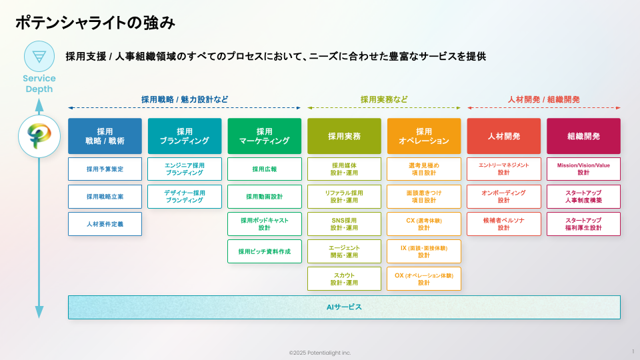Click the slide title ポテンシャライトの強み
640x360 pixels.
pos(95,23)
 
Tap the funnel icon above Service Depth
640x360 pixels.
pos(39,57)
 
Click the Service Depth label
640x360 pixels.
pos(39,84)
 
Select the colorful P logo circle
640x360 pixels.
pos(39,136)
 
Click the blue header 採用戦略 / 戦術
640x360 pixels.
pos(105,136)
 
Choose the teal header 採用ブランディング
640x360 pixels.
pos(185,136)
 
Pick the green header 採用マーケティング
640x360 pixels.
pos(264,136)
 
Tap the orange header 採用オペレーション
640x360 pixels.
pos(424,136)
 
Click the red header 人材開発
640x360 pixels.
pos(503,136)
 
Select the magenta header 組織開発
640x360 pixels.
pos(583,136)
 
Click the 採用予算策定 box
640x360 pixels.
pos(105,169)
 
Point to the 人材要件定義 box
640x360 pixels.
pos(105,224)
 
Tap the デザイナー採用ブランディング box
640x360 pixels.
pos(185,197)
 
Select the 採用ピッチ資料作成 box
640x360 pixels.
pos(264,251)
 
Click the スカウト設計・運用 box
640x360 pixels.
pos(344,279)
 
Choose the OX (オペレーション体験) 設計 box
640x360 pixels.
pos(424,279)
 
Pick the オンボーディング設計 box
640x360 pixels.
pos(503,197)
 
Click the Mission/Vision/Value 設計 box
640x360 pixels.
pos(583,169)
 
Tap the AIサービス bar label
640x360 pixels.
pos(344,307)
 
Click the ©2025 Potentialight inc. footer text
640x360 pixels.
pos(320,353)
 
